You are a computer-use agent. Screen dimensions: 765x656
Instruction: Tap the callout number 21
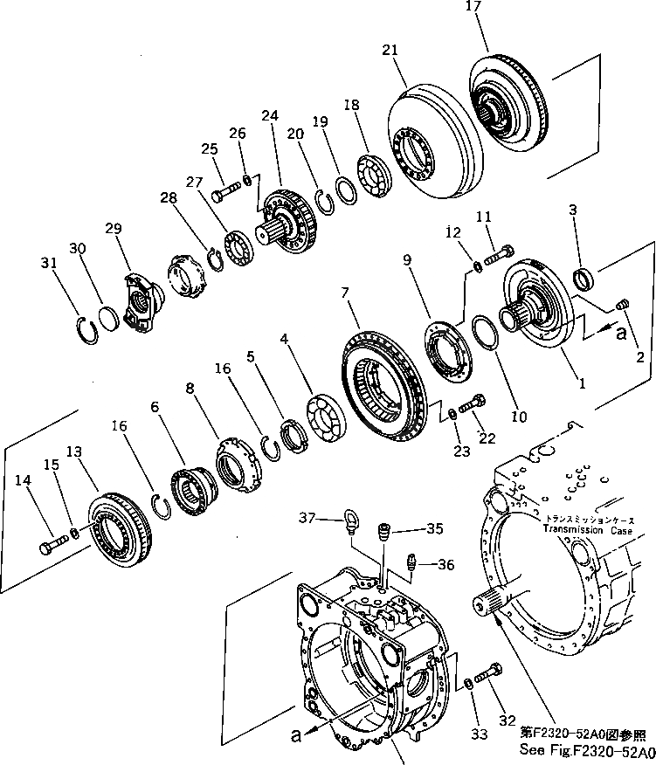click(x=390, y=52)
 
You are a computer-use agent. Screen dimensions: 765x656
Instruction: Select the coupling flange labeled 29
click(x=139, y=301)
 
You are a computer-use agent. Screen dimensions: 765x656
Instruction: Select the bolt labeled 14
click(x=50, y=548)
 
